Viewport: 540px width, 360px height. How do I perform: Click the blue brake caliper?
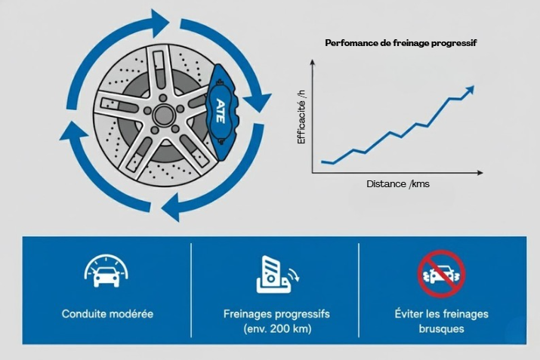[x=223, y=113]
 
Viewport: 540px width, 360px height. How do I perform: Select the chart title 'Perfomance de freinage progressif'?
[x=400, y=43]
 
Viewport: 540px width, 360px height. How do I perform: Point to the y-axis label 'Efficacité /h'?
[x=301, y=117]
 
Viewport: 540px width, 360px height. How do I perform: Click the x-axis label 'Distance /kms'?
[x=397, y=183]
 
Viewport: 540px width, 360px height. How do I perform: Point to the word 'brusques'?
[x=441, y=329]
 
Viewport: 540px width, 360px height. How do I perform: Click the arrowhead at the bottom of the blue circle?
[x=173, y=206]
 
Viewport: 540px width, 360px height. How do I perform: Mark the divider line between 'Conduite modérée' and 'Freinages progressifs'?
[x=191, y=290]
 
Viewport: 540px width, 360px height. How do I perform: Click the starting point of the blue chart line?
[x=322, y=162]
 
